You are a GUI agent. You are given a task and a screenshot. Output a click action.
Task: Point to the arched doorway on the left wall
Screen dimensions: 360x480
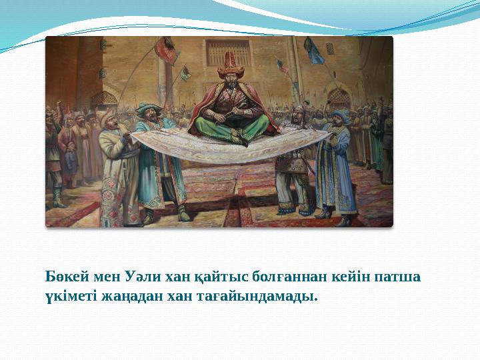[x=104, y=100]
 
